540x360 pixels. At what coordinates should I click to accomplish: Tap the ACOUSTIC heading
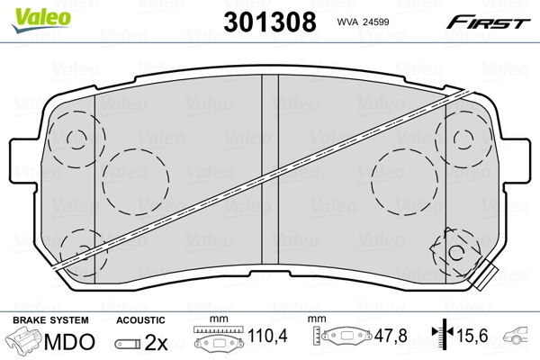[141, 320]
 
